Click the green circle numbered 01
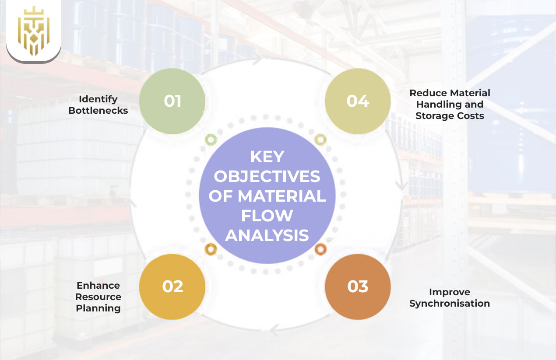click(172, 101)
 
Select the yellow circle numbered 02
click(172, 287)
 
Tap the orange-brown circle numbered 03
click(358, 287)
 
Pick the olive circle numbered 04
click(358, 101)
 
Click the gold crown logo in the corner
click(33, 31)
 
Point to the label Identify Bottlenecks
click(98, 105)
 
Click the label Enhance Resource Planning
click(98, 297)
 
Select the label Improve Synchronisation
click(450, 297)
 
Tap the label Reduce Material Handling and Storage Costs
click(450, 104)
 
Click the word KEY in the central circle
click(267, 157)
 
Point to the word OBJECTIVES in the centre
click(267, 176)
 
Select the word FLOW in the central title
click(267, 216)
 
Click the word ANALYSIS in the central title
click(267, 235)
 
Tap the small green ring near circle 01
click(211, 140)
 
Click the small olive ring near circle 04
click(320, 140)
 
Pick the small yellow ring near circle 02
click(211, 249)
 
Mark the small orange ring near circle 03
click(320, 249)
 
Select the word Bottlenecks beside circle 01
click(98, 110)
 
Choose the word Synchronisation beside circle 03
click(450, 303)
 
